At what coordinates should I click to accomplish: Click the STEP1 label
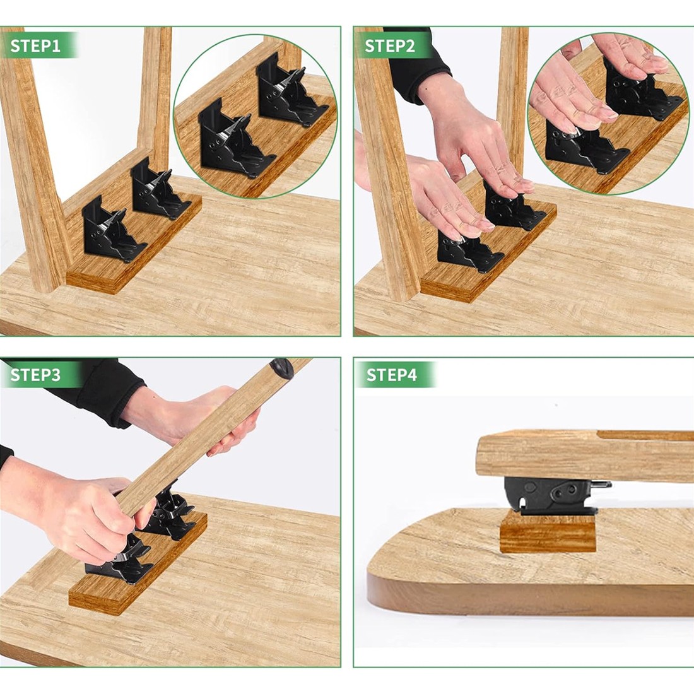pyautogui.click(x=35, y=45)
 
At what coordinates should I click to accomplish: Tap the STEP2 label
pyautogui.click(x=389, y=45)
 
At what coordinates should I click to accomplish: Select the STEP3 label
pyautogui.click(x=35, y=375)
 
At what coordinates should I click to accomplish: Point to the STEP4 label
pyautogui.click(x=391, y=375)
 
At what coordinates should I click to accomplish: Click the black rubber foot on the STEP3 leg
pyautogui.click(x=282, y=368)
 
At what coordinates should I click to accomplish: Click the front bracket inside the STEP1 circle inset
pyautogui.click(x=235, y=138)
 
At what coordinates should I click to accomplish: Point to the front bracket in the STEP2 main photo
pyautogui.click(x=469, y=252)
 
